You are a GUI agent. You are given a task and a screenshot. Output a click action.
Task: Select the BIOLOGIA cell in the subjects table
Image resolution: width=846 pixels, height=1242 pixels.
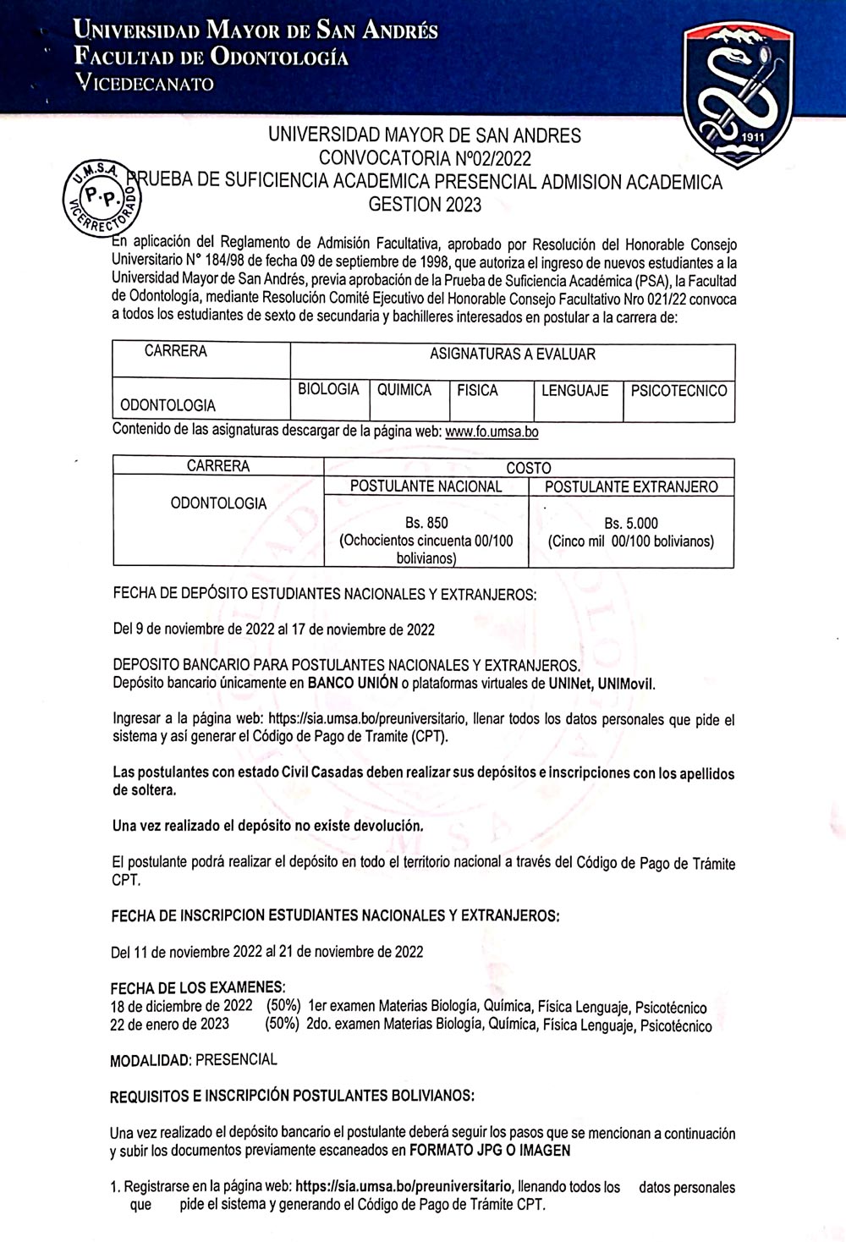coord(328,390)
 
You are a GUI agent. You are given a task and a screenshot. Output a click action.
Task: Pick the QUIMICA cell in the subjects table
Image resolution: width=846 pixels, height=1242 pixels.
coord(404,391)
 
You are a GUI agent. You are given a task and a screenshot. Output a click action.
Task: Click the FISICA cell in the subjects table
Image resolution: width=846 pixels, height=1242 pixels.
coord(477,391)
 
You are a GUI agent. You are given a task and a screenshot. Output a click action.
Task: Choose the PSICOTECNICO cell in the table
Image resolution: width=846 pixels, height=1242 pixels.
coord(678,391)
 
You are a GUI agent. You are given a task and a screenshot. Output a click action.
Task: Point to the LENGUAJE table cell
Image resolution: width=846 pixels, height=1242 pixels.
coord(575,391)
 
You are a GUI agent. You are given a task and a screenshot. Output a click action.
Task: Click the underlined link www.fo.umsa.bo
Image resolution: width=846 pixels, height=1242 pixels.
coord(492,431)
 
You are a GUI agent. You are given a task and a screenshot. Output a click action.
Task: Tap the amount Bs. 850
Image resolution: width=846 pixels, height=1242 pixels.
coord(426,523)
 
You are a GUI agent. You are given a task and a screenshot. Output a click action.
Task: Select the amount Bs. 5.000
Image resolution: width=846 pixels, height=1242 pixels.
coord(630,523)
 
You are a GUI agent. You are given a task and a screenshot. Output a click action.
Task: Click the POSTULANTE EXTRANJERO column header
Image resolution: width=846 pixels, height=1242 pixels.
coord(631,486)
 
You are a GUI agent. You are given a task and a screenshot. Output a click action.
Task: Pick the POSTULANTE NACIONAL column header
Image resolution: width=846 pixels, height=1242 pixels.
coord(426,486)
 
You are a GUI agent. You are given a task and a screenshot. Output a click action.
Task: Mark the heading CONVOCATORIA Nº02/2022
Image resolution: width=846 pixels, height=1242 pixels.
coord(425,157)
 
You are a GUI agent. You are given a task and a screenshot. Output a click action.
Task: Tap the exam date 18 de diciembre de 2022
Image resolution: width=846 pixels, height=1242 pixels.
coord(181,1007)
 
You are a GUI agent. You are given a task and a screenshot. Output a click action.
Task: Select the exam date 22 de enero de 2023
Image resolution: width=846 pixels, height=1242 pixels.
coord(169,1025)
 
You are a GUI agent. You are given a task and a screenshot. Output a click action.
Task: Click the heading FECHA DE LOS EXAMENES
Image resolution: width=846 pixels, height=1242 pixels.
coord(197,988)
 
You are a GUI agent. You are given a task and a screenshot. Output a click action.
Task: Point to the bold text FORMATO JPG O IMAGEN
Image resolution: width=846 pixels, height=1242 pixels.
coord(489,1151)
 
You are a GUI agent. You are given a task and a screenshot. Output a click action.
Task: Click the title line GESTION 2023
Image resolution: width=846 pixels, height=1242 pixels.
coord(425,204)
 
